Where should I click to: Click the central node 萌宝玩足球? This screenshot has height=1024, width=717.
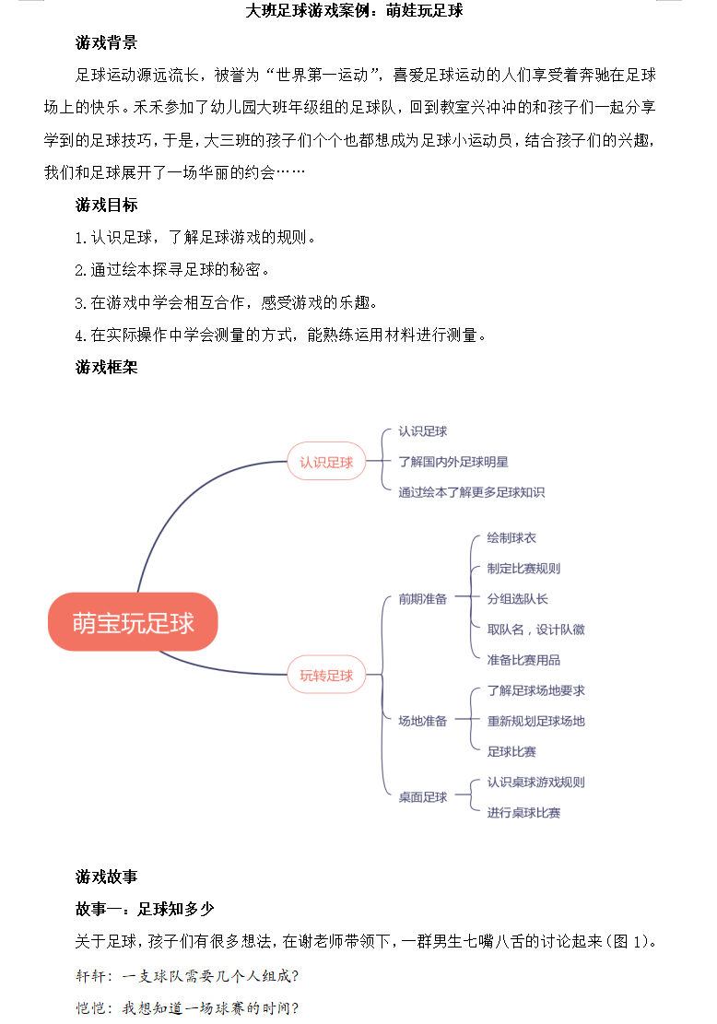click(x=133, y=622)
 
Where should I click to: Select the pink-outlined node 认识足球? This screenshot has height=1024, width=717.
click(x=326, y=462)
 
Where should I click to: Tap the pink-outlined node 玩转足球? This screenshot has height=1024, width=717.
click(x=326, y=675)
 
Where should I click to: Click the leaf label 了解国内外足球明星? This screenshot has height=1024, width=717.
click(x=453, y=462)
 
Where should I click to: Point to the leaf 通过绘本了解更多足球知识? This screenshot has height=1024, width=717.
click(x=472, y=492)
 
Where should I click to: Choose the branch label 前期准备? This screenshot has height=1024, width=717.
click(x=422, y=599)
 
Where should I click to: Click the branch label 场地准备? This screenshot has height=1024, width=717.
click(x=422, y=721)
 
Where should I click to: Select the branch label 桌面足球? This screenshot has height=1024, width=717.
click(x=422, y=796)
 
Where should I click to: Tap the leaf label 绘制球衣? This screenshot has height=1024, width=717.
click(x=511, y=538)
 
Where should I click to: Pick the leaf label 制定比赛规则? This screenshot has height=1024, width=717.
click(x=523, y=568)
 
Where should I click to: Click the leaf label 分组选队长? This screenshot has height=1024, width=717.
click(x=517, y=599)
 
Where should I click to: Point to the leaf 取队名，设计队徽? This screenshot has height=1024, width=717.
click(x=536, y=630)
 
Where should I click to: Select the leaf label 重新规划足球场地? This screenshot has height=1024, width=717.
click(x=536, y=721)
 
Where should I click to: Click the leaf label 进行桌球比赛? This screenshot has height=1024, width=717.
click(x=523, y=812)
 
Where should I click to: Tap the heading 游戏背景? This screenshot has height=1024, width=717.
click(x=106, y=43)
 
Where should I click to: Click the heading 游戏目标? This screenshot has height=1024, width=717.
click(x=106, y=205)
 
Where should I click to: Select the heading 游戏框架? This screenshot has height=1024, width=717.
click(x=106, y=367)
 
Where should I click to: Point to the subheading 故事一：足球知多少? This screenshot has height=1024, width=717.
click(x=145, y=909)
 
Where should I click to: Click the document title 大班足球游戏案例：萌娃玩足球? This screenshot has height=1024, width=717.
click(x=355, y=10)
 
